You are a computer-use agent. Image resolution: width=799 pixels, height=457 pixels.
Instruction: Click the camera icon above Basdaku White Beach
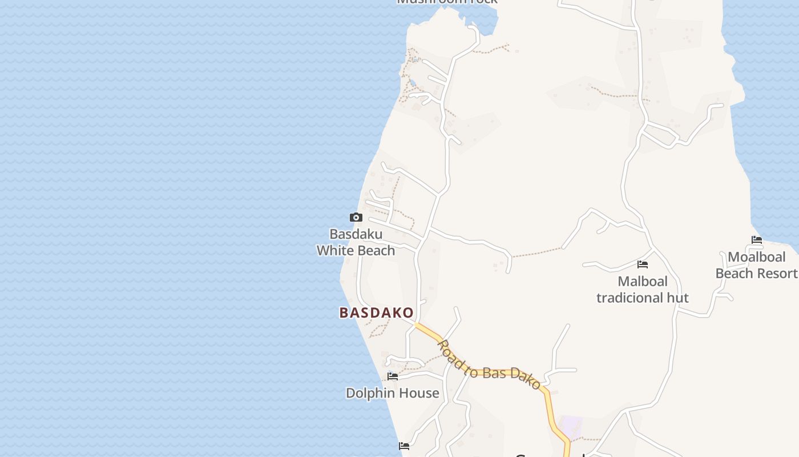click(x=356, y=217)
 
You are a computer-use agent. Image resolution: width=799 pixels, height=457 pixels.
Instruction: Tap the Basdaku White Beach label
click(x=356, y=242)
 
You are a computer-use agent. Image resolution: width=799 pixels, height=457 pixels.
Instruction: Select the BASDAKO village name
click(x=376, y=313)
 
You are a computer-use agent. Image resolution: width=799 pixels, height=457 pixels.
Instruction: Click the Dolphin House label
click(x=393, y=393)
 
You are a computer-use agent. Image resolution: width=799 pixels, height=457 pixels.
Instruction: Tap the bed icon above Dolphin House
click(x=393, y=376)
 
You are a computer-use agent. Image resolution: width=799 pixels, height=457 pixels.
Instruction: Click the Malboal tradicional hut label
click(x=643, y=290)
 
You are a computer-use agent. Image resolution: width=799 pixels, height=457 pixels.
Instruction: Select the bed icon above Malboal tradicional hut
click(x=643, y=264)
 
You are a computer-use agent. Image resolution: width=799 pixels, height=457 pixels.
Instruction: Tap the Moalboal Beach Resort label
click(x=757, y=265)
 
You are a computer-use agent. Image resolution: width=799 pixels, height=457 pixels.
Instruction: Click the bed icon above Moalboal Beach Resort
click(x=757, y=240)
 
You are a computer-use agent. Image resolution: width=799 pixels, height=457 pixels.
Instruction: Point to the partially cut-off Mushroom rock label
click(x=447, y=2)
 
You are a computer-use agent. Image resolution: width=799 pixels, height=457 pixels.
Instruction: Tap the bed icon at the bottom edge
click(x=404, y=446)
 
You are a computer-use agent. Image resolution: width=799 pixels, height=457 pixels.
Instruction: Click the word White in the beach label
click(x=333, y=250)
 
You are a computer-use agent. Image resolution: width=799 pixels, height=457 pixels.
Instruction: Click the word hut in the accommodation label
click(x=678, y=298)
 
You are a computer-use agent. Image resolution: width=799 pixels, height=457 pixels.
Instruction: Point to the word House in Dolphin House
click(x=419, y=393)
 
